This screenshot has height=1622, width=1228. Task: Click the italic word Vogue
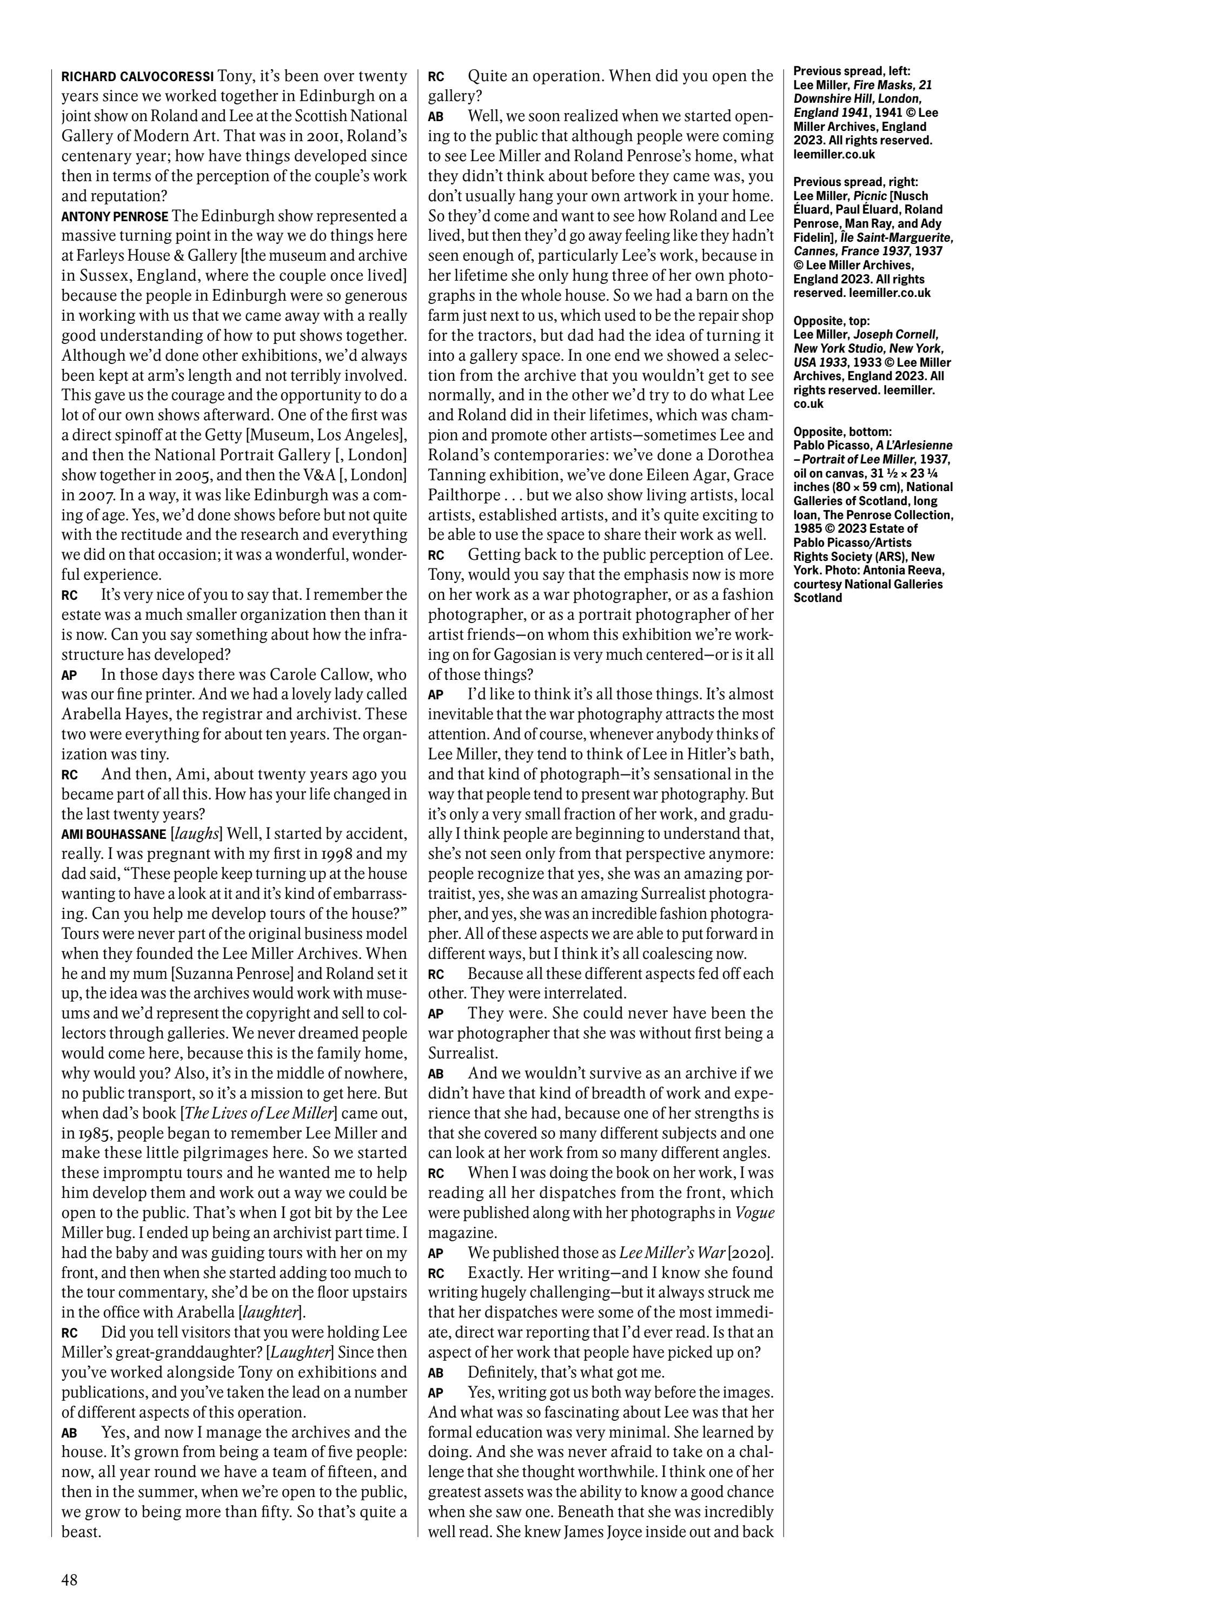click(x=754, y=1212)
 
